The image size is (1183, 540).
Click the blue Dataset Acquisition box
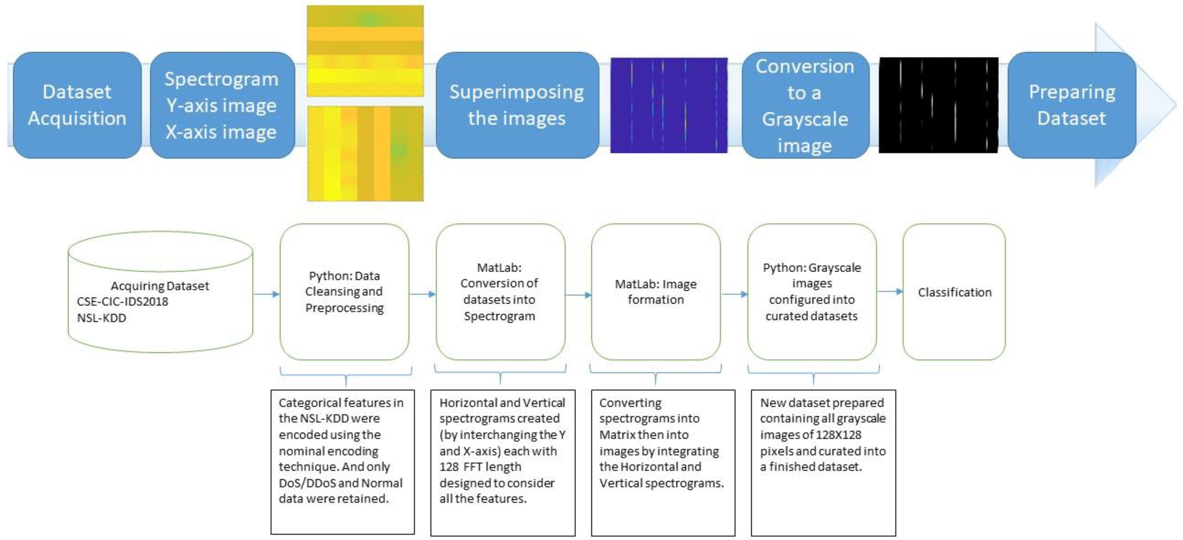point(77,105)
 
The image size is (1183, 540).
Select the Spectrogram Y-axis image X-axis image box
point(222,105)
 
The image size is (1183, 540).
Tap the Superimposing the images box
point(517,105)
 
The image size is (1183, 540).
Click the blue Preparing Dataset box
point(1072,105)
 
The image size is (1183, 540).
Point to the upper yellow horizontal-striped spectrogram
point(365,51)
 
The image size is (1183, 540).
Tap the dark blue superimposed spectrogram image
point(669,105)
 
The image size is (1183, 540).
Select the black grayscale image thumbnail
point(938,105)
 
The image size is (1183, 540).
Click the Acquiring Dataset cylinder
point(160,292)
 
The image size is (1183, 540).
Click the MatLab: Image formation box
point(655,292)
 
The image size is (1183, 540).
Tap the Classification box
point(954,292)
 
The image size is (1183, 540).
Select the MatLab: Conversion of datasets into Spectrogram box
point(500,292)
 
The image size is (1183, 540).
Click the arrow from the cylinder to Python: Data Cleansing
point(266,294)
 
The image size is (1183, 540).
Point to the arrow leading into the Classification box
point(890,291)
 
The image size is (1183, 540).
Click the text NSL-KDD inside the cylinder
point(101,318)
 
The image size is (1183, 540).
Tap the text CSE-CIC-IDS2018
point(123,302)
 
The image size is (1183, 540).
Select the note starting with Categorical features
point(342,462)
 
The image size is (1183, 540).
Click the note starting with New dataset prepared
point(823,462)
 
